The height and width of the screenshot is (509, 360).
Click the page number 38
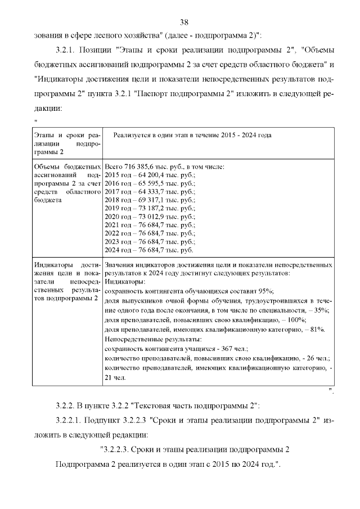pyautogui.click(x=183, y=22)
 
